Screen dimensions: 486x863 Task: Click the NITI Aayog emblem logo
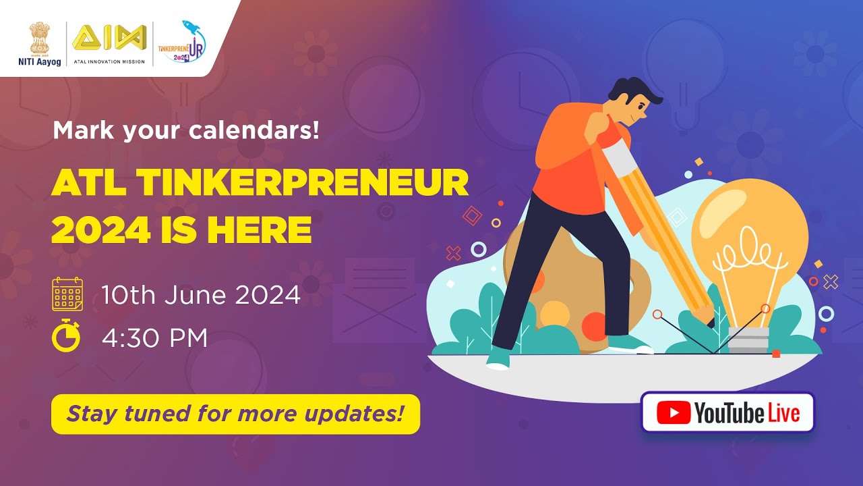pyautogui.click(x=39, y=40)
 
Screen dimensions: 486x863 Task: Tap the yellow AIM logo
pyautogui.click(x=109, y=38)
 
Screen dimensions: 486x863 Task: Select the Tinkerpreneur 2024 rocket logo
pyautogui.click(x=181, y=43)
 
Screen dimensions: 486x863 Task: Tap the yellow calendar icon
pyautogui.click(x=67, y=294)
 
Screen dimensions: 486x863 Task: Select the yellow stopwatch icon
pyautogui.click(x=66, y=335)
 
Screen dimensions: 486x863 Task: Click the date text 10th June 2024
pyautogui.click(x=201, y=295)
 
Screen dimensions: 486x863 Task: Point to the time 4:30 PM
pyautogui.click(x=154, y=337)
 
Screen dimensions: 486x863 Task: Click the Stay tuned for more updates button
pyautogui.click(x=235, y=414)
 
